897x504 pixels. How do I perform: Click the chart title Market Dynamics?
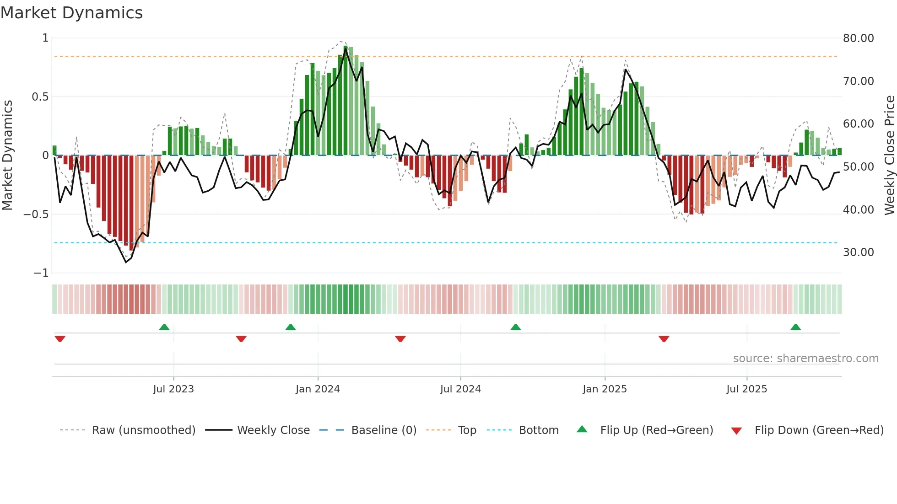point(71,13)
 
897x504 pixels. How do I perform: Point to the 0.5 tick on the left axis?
point(40,97)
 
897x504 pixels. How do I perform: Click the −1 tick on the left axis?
point(41,273)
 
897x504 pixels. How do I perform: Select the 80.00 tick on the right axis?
point(858,38)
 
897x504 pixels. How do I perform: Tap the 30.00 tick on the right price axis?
point(858,252)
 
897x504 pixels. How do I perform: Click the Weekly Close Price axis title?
point(889,155)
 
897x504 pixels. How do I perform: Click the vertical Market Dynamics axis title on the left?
point(7,155)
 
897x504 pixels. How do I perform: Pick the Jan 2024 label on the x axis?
point(318,389)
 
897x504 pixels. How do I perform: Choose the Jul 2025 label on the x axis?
point(746,389)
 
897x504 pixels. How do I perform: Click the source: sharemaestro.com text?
point(805,359)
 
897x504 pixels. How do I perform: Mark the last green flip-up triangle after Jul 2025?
point(795,327)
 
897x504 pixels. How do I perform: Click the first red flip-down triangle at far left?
point(60,339)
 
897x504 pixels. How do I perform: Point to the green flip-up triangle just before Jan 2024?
point(291,327)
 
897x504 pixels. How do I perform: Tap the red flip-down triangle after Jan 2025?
point(664,339)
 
